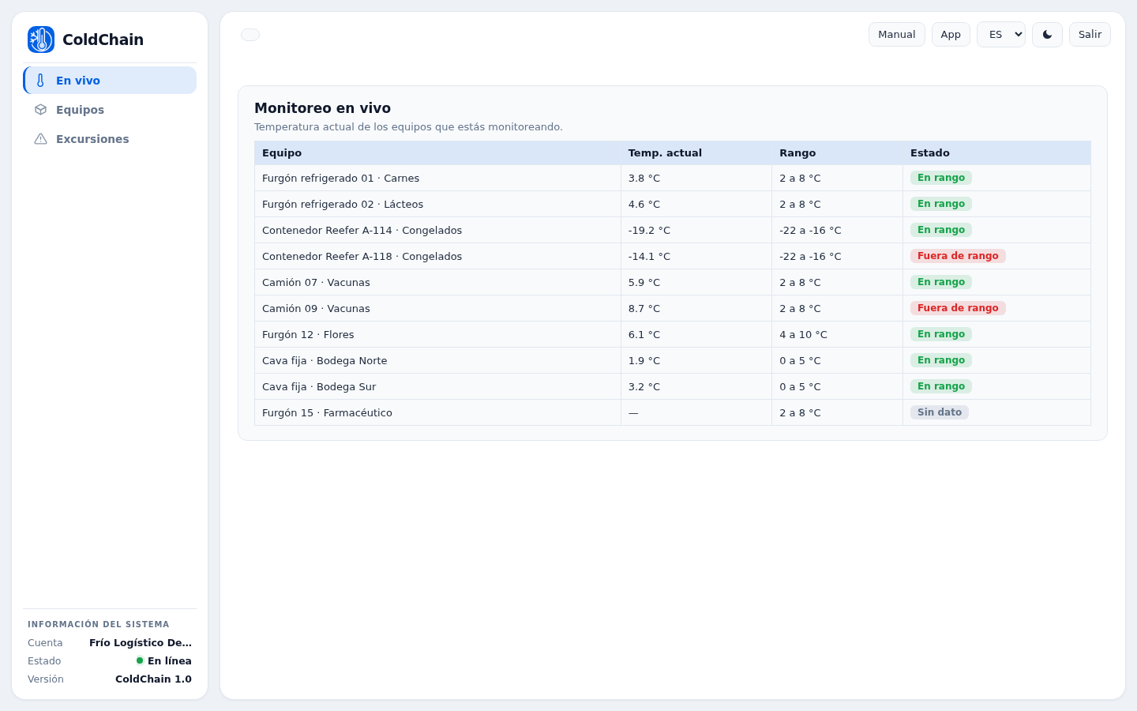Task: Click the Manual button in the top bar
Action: point(896,35)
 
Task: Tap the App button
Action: point(951,35)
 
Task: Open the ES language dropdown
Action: point(1001,35)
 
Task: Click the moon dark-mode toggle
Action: point(1047,35)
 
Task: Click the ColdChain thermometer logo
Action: point(41,39)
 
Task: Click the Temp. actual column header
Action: point(665,153)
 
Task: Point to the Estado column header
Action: point(930,153)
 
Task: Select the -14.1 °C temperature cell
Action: point(649,257)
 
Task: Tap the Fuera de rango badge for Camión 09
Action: point(958,308)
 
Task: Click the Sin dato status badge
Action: point(940,412)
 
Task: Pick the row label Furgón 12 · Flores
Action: point(308,335)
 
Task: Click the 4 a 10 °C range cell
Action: point(803,335)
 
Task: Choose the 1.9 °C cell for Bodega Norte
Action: point(644,360)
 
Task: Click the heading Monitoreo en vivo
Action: point(322,108)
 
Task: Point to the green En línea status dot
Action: point(140,660)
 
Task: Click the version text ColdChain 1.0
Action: point(153,679)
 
